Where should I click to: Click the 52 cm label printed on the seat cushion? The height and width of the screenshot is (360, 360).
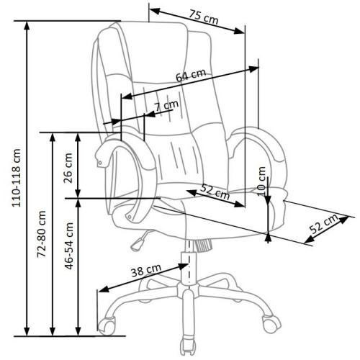click(215, 191)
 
